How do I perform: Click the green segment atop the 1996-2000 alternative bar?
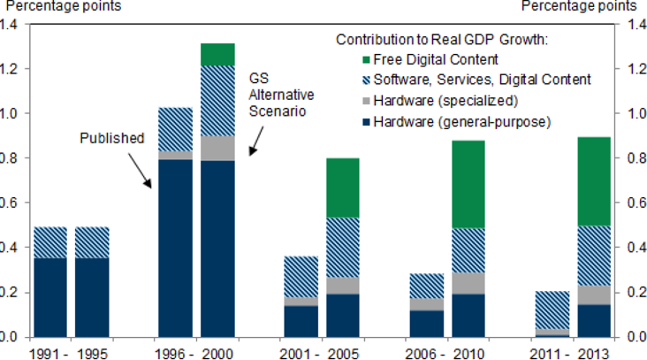pos(217,54)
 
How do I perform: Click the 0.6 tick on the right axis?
pos(631,203)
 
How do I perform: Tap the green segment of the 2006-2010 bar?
pos(467,184)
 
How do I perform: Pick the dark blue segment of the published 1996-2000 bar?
pos(175,248)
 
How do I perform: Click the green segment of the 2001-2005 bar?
pos(342,188)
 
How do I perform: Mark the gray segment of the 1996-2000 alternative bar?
pos(217,148)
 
